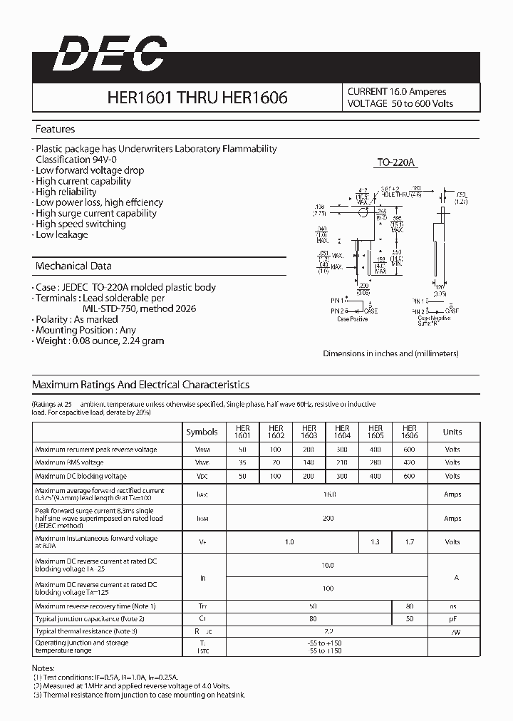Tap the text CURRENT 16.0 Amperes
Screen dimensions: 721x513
[397, 92]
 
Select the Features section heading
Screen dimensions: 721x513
[56, 129]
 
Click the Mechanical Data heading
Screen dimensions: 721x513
[73, 266]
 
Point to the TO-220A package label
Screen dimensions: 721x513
[395, 163]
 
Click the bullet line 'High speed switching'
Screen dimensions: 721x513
[80, 224]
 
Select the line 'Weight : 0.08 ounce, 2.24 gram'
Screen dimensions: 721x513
[99, 341]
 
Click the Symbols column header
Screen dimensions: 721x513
[202, 432]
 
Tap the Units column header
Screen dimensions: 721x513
[452, 432]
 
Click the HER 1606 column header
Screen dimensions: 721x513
[409, 432]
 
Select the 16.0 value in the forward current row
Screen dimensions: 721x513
[328, 494]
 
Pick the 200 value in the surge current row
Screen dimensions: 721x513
[328, 518]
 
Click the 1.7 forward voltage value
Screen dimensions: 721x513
[409, 542]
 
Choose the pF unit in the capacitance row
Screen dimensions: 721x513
[452, 618]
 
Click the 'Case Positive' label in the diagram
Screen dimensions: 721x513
[351, 319]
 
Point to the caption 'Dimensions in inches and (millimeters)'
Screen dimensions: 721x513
[390, 353]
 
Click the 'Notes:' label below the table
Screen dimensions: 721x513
[44, 668]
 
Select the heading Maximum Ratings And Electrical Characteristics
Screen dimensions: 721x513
[140, 385]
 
